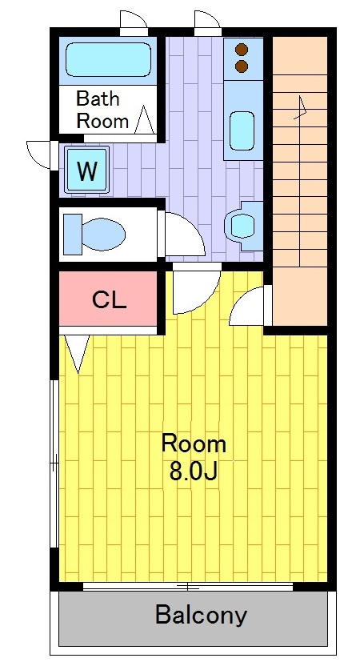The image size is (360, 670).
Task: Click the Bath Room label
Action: [x=102, y=110]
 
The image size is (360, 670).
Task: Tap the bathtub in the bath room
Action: [x=108, y=59]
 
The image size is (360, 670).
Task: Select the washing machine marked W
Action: [x=86, y=170]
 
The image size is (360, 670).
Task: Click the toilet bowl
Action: [x=103, y=235]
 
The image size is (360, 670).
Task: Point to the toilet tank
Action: [x=73, y=235]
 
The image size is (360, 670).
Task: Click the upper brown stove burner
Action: [x=242, y=50]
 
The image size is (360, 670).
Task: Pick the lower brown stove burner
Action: [x=242, y=66]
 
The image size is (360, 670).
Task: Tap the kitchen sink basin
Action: [x=242, y=130]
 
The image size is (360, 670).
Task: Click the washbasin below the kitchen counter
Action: [x=242, y=226]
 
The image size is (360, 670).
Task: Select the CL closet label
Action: [x=110, y=301]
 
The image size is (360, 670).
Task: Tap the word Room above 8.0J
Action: [x=194, y=444]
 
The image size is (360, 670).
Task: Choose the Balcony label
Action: [x=201, y=616]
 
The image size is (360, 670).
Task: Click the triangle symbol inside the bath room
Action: [x=144, y=119]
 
